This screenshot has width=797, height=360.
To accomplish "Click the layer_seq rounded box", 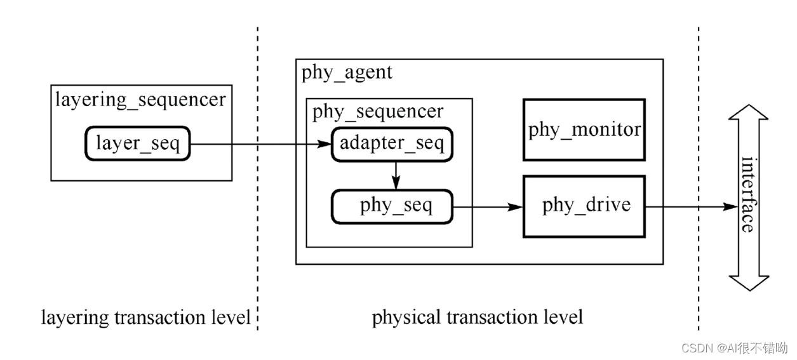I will [138, 143].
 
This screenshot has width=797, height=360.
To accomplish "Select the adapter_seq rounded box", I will [392, 143].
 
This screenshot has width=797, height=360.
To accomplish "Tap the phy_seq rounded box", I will [392, 206].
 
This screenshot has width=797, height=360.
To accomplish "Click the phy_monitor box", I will [584, 130].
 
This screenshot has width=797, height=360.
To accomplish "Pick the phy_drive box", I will [584, 206].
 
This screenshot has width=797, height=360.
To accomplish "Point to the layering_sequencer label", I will [140, 100].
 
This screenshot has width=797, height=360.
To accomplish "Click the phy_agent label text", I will [347, 72].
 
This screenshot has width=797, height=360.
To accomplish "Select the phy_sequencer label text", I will [378, 112].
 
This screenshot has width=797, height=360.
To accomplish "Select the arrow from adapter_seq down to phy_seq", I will [395, 174].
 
